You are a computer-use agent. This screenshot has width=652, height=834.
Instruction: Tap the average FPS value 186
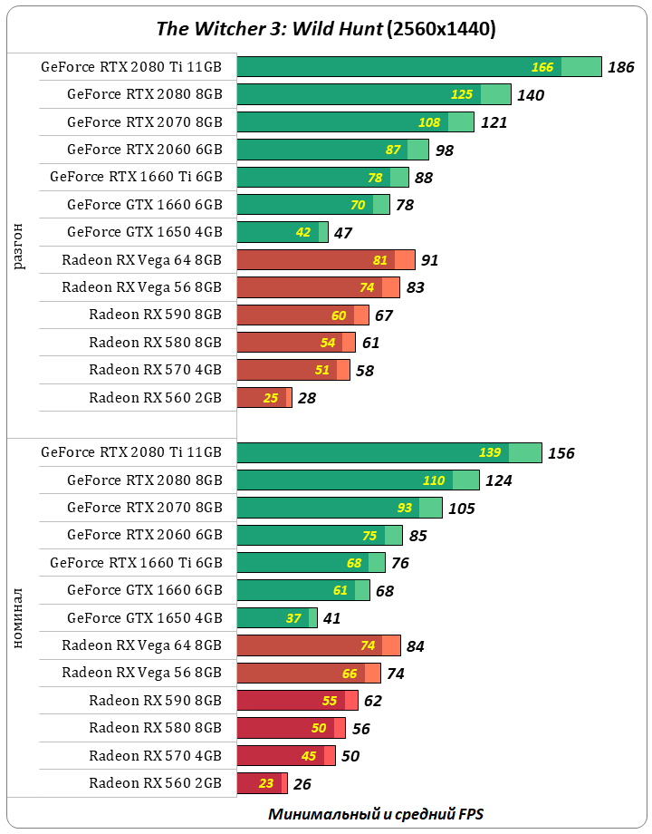point(621,67)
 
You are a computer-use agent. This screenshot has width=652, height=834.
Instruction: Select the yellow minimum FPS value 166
point(542,67)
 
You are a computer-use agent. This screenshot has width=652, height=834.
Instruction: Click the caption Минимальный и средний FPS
point(381,813)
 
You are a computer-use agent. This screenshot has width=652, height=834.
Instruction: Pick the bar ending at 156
point(388,452)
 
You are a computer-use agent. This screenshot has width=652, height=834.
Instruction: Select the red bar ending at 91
point(325,260)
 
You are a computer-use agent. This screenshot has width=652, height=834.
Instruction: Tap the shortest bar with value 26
point(261,783)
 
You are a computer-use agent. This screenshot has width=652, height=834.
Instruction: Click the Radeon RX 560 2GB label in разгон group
point(155,397)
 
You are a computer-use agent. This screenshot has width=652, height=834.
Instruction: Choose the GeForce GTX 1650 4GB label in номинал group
point(144,617)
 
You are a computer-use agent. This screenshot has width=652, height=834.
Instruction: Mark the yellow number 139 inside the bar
point(490,452)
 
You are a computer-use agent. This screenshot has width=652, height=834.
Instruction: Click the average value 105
point(461,508)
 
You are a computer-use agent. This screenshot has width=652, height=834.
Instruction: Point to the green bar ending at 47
point(282,232)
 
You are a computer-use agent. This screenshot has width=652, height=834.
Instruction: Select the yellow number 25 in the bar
point(271,397)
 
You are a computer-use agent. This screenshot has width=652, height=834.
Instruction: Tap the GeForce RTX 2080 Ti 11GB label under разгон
point(131,67)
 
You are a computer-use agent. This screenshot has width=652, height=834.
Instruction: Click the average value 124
point(498,480)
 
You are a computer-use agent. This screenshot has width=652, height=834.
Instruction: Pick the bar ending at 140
point(373,94)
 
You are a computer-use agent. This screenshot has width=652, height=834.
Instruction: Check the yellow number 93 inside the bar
point(405,508)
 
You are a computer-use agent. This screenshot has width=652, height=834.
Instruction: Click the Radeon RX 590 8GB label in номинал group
point(155,700)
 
